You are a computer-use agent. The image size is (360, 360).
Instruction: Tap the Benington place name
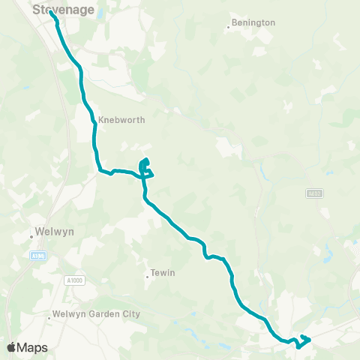(254, 22)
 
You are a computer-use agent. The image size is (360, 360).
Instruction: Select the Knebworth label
(121, 119)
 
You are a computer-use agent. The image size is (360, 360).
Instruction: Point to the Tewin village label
(163, 273)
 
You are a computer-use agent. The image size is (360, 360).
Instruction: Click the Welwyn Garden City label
(96, 314)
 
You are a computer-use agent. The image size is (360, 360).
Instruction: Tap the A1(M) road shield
(38, 256)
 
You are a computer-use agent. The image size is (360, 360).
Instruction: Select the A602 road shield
(315, 193)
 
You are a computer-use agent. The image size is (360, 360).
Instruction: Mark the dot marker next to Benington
(228, 28)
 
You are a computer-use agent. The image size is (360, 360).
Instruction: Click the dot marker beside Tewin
(147, 277)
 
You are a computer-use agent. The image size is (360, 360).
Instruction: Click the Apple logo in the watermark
(12, 347)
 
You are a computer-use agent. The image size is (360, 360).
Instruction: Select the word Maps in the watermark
(33, 347)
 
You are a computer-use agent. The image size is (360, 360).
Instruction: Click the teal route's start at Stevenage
(50, 13)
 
